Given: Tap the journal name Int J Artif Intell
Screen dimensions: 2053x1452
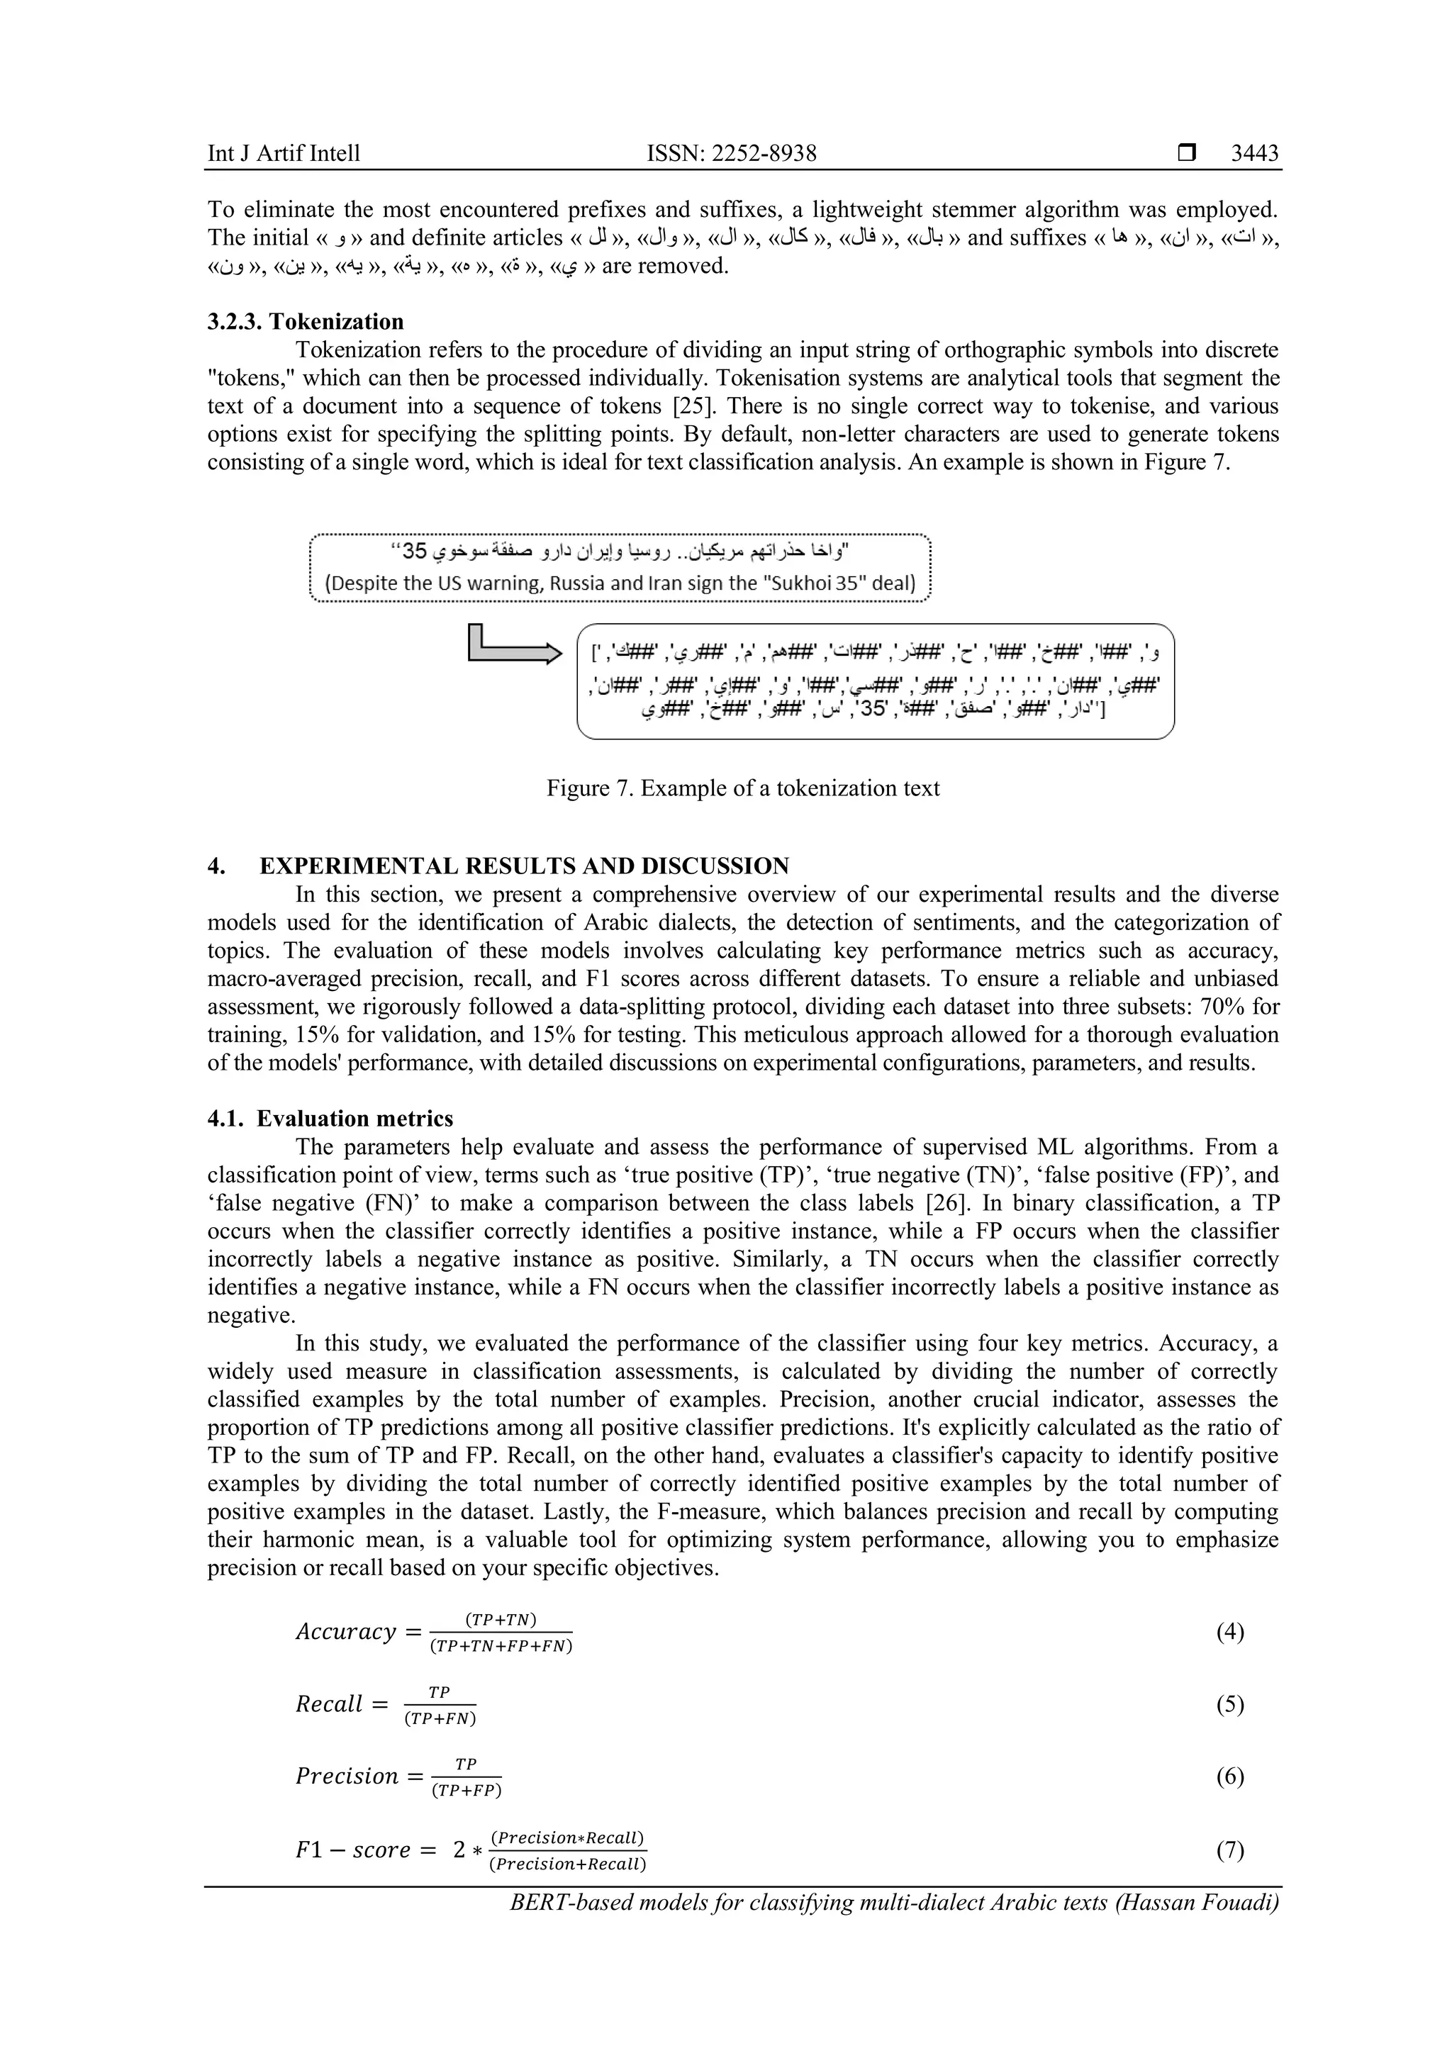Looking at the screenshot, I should pos(284,153).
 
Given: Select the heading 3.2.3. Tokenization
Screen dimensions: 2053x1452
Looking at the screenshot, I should pos(305,321).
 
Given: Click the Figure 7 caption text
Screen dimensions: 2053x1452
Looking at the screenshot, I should pos(743,788).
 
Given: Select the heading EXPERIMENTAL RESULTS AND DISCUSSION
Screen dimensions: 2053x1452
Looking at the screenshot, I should pos(524,866).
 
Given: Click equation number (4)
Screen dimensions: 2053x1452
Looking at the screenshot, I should pos(1229,1632).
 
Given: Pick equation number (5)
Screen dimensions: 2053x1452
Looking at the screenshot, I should pos(1229,1704).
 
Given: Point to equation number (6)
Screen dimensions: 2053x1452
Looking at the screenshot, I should pos(1229,1776).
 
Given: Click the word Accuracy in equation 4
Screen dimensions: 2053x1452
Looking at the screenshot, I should pos(345,1632).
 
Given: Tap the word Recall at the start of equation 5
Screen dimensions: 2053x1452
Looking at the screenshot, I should pos(329,1704).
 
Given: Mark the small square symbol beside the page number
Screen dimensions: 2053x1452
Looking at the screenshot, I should pos(1186,154).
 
